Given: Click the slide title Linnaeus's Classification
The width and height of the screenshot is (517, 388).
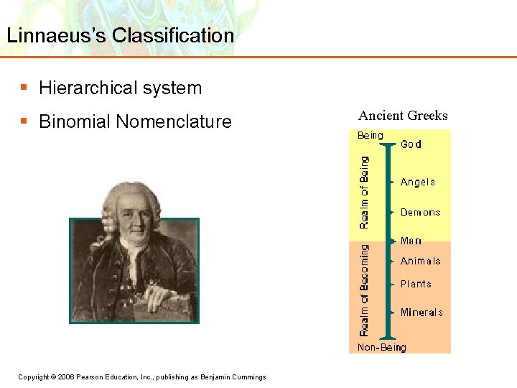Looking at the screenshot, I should pyautogui.click(x=119, y=35).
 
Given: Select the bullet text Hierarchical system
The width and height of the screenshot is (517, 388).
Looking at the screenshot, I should pyautogui.click(x=120, y=88).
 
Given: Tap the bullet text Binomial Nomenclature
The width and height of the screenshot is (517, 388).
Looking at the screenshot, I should pyautogui.click(x=135, y=122).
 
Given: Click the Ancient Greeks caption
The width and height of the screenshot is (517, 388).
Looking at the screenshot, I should pyautogui.click(x=403, y=116).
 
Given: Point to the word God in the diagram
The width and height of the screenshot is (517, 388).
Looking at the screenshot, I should pyautogui.click(x=411, y=144).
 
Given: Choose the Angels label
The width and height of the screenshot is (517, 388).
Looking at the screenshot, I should pyautogui.click(x=417, y=183).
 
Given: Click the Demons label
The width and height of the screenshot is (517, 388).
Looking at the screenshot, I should pyautogui.click(x=420, y=213).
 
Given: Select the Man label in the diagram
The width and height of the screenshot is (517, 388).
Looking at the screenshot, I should pyautogui.click(x=411, y=241).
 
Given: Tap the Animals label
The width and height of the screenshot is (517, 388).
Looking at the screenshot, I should pyautogui.click(x=420, y=262).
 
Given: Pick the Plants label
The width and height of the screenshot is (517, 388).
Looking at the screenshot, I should pyautogui.click(x=416, y=284).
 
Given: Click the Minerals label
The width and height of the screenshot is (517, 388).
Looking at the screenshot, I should pyautogui.click(x=421, y=313).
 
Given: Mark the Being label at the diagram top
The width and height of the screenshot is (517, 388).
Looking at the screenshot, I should pyautogui.click(x=371, y=135).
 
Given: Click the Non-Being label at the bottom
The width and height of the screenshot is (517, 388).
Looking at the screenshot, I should pyautogui.click(x=382, y=348).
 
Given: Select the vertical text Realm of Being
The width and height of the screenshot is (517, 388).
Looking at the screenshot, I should pyautogui.click(x=364, y=192).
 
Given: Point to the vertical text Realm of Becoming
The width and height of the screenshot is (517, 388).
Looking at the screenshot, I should pyautogui.click(x=364, y=290).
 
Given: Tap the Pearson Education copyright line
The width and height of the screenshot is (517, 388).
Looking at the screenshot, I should pyautogui.click(x=141, y=377).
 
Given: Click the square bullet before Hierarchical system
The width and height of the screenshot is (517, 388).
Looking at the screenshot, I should pyautogui.click(x=24, y=88).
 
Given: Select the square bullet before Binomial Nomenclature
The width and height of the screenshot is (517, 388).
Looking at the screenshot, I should pyautogui.click(x=24, y=121).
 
